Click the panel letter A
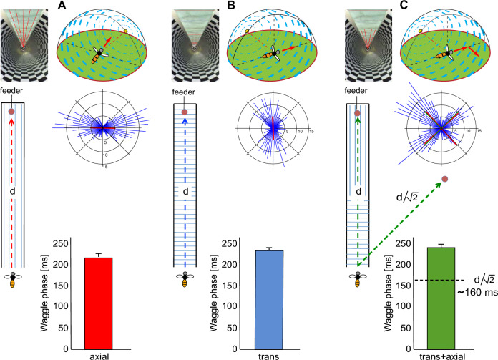[62, 6]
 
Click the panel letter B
[231, 6]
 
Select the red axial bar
[99, 293]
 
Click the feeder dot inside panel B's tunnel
[185, 112]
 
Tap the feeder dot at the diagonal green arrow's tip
[445, 178]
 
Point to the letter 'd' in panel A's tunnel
[12, 191]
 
